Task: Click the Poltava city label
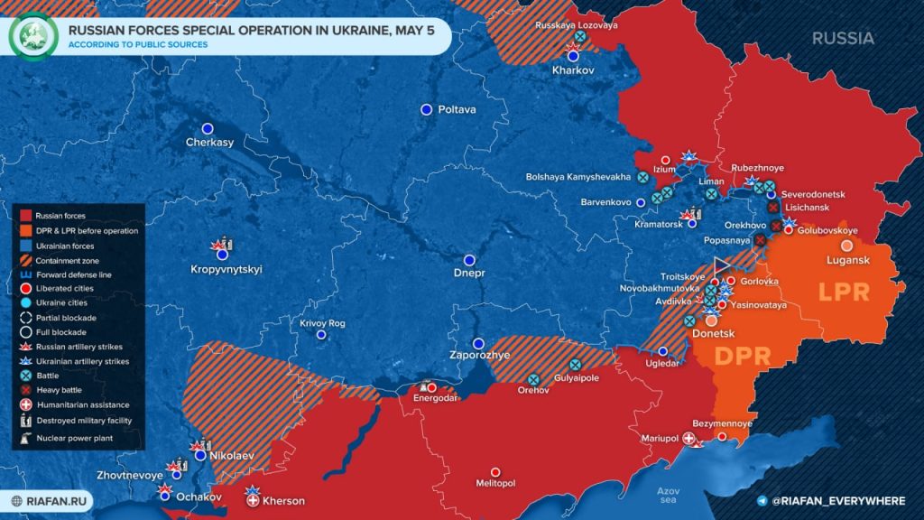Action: [x=457, y=109]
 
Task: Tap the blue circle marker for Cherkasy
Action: [x=208, y=128]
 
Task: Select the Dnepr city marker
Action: [x=469, y=259]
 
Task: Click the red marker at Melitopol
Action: [x=494, y=471]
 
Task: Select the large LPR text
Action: [x=843, y=294]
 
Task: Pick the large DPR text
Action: [x=742, y=355]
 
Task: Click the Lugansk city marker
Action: [x=846, y=245]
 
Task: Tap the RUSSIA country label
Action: [x=843, y=38]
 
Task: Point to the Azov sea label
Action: [x=670, y=494]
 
